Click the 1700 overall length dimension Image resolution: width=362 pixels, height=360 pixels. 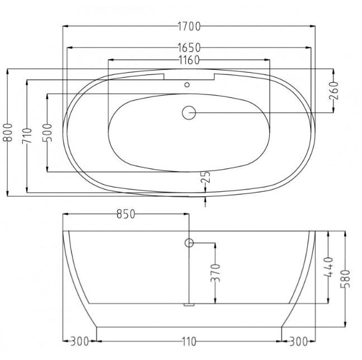pyautogui.click(x=189, y=26)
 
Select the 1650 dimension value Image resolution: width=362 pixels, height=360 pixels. pyautogui.click(x=189, y=48)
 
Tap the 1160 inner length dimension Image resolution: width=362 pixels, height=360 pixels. pyautogui.click(x=189, y=60)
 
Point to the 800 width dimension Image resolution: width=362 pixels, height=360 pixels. pyautogui.click(x=7, y=132)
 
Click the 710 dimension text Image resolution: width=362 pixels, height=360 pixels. pyautogui.click(x=27, y=136)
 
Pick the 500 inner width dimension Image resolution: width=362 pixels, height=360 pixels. pyautogui.click(x=47, y=132)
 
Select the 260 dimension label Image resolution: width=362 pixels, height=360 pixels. pyautogui.click(x=334, y=91)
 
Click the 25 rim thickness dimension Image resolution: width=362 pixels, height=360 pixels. pyautogui.click(x=206, y=177)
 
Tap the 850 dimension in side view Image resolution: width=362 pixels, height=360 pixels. pyautogui.click(x=126, y=214)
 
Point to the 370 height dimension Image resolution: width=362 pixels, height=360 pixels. pyautogui.click(x=215, y=273)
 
